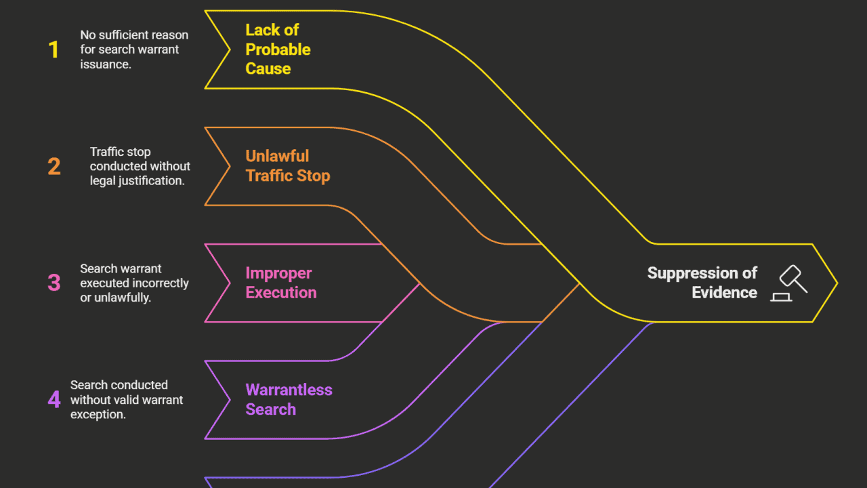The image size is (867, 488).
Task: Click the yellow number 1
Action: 54,49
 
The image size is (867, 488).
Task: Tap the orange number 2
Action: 54,166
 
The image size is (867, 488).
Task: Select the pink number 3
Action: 54,283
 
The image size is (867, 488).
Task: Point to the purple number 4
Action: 54,399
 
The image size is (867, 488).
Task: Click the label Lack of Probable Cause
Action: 278,49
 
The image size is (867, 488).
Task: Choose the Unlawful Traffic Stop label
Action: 287,166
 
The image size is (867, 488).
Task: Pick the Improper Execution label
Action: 280,283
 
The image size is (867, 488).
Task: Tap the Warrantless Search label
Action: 289,399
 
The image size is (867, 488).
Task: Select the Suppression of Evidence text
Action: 702,283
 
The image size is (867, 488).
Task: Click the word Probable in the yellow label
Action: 278,49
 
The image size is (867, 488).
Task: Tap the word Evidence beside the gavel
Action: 724,293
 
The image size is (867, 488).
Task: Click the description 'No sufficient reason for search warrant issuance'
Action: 134,49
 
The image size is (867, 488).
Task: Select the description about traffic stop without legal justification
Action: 140,166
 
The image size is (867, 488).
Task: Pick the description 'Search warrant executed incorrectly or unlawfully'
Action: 134,283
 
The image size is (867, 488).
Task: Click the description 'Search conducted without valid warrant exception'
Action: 127,399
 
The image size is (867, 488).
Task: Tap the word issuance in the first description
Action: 105,64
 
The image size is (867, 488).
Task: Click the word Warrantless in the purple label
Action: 289,390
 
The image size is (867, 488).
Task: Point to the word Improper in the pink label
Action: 278,273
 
